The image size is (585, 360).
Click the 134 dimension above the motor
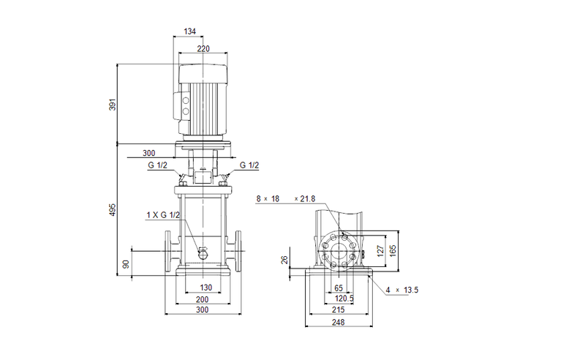click(189, 31)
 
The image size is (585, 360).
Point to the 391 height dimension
click(113, 104)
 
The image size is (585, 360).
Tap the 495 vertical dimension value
click(113, 211)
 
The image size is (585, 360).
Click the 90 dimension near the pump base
click(126, 264)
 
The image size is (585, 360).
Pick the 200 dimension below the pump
click(203, 300)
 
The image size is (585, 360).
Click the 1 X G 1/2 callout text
click(163, 214)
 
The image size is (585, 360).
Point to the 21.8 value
click(308, 198)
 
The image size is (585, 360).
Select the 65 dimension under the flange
click(339, 288)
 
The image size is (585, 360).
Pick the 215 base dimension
click(339, 311)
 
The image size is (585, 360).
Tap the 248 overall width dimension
click(339, 323)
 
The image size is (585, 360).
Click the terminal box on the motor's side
click(181, 102)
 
